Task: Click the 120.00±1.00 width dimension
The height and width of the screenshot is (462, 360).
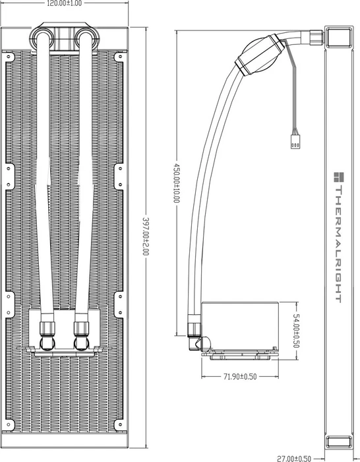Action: point(65,3)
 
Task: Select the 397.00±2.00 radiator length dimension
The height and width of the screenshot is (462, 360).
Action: point(146,236)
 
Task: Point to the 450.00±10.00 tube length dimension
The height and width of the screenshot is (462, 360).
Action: point(176,183)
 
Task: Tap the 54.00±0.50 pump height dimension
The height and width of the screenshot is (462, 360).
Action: point(296,331)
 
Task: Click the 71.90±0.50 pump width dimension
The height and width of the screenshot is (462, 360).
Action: point(240,377)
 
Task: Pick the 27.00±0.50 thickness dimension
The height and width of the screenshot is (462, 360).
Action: point(294,459)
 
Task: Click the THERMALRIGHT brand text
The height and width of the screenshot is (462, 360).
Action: point(338,244)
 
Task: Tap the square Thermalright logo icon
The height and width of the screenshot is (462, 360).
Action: point(339,177)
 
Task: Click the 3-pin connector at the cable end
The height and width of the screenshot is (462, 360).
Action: point(295,141)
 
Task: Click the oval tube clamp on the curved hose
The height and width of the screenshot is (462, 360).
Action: point(260,55)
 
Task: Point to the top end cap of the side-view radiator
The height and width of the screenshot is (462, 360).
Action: point(338,37)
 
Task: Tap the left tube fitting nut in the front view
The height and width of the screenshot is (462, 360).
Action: point(47,329)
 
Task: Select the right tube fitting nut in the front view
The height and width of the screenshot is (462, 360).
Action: point(82,329)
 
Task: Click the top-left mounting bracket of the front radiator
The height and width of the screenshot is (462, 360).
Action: point(9,57)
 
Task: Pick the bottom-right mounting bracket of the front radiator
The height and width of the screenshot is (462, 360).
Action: point(119,424)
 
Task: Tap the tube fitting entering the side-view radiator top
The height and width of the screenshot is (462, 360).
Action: point(316,37)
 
